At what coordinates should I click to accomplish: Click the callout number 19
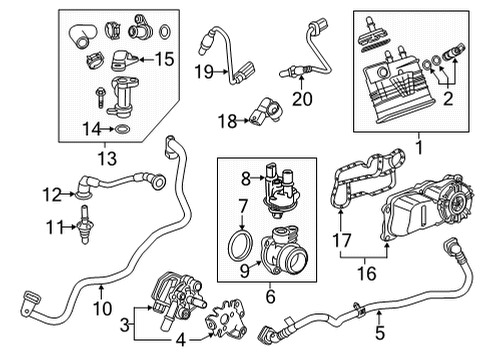[x=205, y=71]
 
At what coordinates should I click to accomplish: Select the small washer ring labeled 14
[x=121, y=129]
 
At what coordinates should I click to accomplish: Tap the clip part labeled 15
[x=124, y=59]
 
